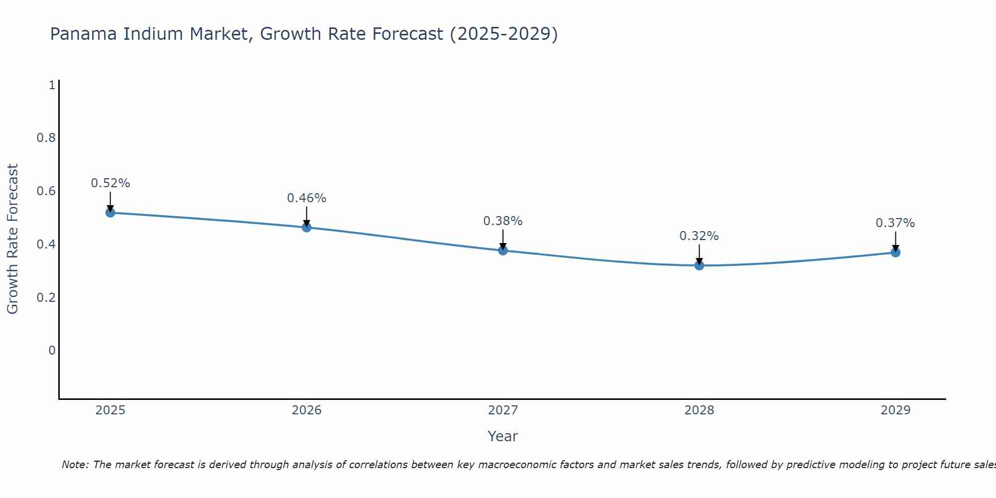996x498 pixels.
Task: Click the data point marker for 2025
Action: coord(110,213)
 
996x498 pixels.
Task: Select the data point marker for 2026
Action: coord(306,228)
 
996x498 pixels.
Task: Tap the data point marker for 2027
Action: coord(502,250)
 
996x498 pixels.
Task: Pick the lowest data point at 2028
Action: coord(699,265)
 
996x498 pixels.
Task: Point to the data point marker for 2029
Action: coord(895,252)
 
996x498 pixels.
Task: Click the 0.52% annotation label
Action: coord(110,183)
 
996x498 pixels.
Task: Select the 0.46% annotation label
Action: coord(306,198)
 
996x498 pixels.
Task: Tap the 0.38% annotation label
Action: coord(502,221)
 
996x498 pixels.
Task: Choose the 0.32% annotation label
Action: coord(699,236)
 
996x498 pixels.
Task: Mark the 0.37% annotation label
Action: coord(895,223)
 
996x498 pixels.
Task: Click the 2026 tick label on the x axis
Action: coord(306,410)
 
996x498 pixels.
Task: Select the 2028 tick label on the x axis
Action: coord(699,410)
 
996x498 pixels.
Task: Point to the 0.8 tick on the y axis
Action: coord(46,138)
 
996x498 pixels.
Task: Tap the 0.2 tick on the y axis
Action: coord(46,298)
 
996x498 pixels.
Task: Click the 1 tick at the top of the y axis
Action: coord(52,85)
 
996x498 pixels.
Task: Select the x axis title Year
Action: coord(502,436)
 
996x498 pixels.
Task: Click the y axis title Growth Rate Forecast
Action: coord(12,239)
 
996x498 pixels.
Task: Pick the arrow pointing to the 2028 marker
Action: coord(699,254)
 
